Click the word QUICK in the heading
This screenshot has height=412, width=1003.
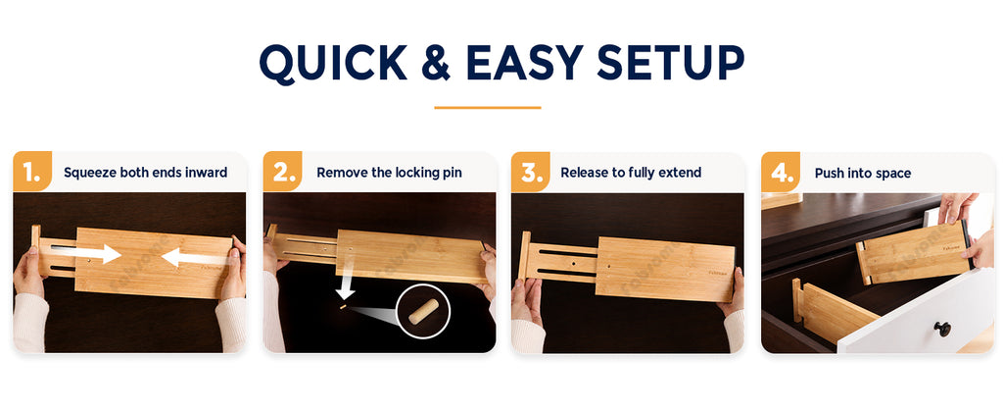point(333,63)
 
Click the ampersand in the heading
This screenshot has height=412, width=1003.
point(436,63)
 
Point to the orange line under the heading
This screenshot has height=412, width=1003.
point(488,108)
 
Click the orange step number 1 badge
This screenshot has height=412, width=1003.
point(32,171)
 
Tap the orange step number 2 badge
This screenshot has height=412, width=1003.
point(282,171)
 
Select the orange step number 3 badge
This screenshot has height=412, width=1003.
point(530,171)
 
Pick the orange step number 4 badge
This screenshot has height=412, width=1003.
point(781,171)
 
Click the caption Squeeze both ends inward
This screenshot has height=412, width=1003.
point(145,173)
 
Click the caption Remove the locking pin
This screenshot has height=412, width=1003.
point(389,173)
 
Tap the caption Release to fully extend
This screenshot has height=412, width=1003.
point(631,173)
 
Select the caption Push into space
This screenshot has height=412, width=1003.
point(862,173)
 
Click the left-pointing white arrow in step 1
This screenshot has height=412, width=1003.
point(195,257)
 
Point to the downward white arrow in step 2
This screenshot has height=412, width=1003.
point(347,277)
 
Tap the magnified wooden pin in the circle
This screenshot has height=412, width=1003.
point(423,312)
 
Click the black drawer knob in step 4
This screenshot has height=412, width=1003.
point(942,329)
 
